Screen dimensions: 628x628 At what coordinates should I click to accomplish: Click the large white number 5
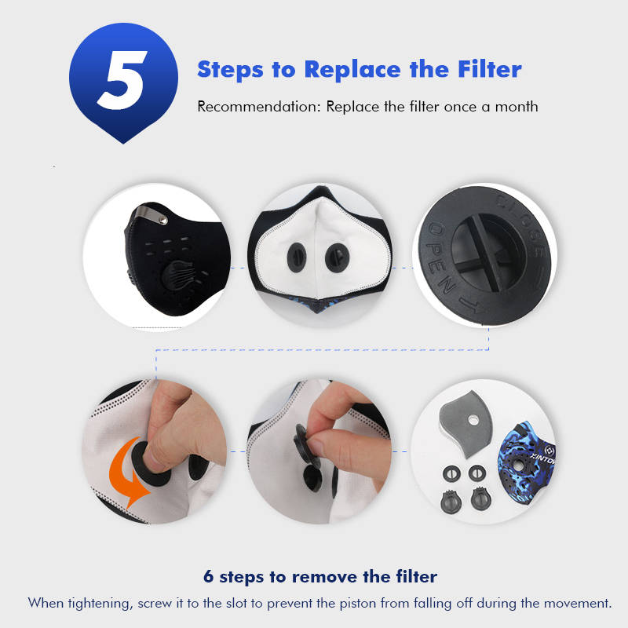123,80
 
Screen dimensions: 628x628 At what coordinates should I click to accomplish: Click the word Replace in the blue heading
352,70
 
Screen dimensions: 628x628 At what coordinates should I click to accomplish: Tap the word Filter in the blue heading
489,69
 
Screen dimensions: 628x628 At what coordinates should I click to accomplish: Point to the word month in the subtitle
517,107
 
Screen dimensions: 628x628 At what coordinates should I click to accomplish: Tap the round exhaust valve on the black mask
180,277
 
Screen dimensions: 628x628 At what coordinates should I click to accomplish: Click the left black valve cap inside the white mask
297,257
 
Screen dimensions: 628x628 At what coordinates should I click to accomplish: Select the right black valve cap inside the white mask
337,257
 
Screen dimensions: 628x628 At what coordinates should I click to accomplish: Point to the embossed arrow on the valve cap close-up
472,305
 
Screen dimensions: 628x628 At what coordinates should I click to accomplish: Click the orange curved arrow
127,473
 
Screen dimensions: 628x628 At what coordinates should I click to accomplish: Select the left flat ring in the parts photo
451,474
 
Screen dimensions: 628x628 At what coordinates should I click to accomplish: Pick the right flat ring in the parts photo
477,473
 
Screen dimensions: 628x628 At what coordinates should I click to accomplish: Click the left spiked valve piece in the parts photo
451,501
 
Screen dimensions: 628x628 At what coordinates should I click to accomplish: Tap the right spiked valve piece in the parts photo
480,498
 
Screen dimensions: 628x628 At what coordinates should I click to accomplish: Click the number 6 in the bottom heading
208,577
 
